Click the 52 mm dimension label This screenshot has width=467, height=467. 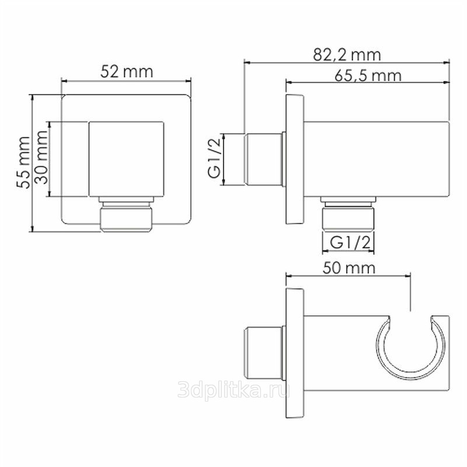pyautogui.click(x=127, y=72)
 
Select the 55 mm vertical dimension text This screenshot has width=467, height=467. pyautogui.click(x=23, y=162)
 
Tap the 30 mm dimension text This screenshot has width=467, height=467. pyautogui.click(x=41, y=157)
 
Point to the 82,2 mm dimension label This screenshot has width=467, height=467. pyautogui.click(x=347, y=55)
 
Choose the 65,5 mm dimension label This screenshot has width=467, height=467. pyautogui.click(x=368, y=75)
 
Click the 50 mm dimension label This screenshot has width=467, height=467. pyautogui.click(x=349, y=268)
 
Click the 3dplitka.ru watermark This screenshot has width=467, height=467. pyautogui.click(x=234, y=389)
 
